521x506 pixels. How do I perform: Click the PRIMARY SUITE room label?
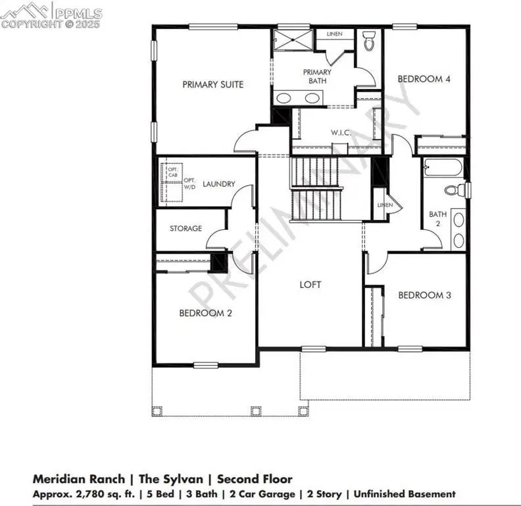212,84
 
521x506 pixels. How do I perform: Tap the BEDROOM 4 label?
424,79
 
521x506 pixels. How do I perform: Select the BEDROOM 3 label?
424,295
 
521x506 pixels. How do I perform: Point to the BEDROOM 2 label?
205,314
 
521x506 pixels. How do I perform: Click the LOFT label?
310,285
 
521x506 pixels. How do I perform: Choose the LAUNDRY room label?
219,184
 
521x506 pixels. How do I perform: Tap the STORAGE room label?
186,229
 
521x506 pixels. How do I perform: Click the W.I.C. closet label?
341,132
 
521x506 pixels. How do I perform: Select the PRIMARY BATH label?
316,76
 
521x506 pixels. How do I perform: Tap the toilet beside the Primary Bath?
369,41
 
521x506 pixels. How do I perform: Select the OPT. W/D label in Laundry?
189,184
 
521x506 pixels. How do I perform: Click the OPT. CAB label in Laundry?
172,173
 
